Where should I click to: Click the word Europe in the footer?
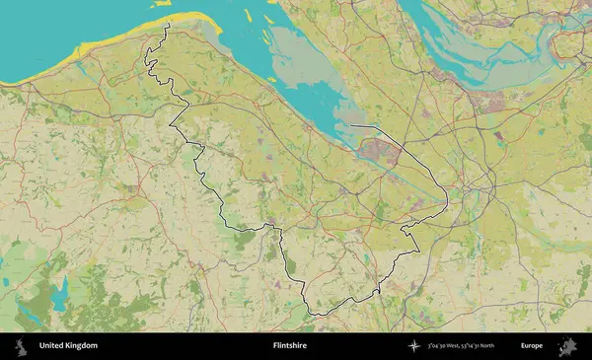532,346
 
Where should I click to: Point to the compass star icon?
413,346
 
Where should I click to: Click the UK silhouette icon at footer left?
19,346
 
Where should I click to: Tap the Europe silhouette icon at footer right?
567,346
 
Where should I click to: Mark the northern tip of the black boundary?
169,25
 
